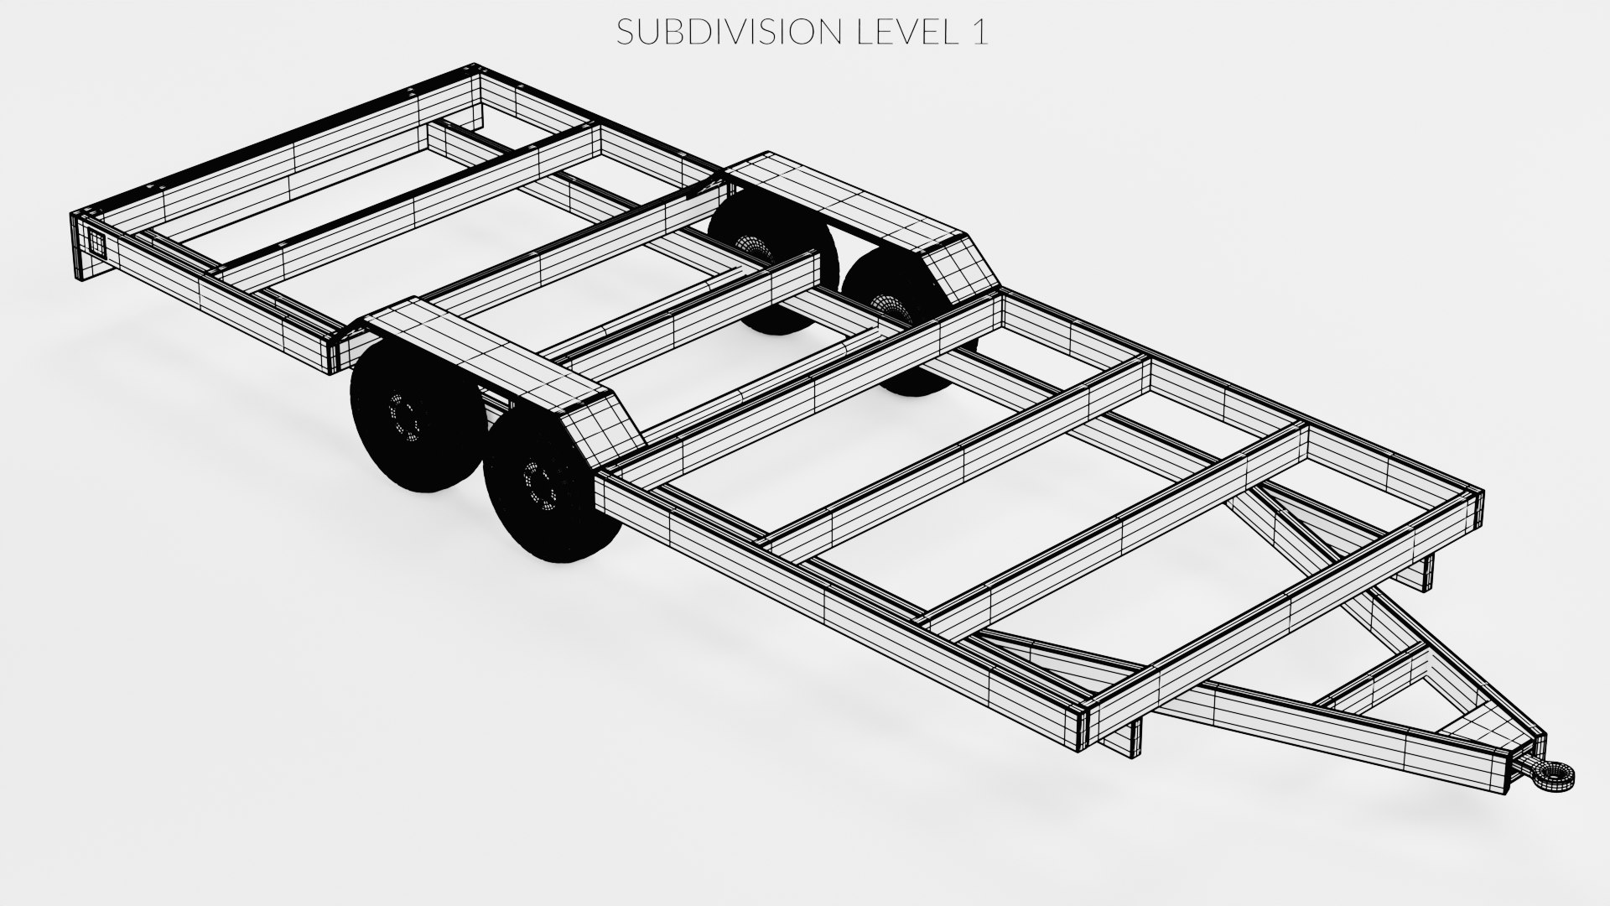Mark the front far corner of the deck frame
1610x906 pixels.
tap(1476, 500)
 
